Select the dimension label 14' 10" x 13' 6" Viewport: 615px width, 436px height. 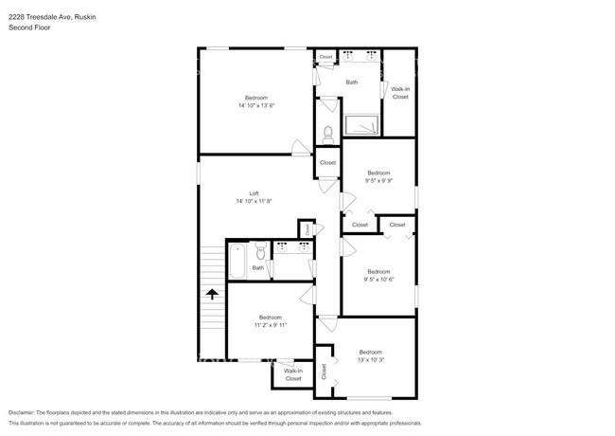255,106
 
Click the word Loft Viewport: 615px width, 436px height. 254,193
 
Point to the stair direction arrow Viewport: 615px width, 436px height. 212,295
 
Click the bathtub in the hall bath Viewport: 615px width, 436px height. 237,257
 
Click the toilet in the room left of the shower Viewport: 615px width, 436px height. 328,133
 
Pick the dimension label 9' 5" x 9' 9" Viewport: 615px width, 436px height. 378,181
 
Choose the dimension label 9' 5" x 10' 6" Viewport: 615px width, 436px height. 378,280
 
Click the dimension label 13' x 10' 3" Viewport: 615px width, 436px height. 370,360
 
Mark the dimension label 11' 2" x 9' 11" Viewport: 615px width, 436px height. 270,325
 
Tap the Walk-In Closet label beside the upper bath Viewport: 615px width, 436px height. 400,92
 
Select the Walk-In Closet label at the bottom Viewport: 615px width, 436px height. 293,374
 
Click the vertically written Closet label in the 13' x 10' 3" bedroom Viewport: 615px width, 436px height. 324,372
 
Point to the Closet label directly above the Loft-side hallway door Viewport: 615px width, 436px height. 327,162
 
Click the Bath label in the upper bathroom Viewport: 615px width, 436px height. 351,82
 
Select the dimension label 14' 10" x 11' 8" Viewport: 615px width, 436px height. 254,201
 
